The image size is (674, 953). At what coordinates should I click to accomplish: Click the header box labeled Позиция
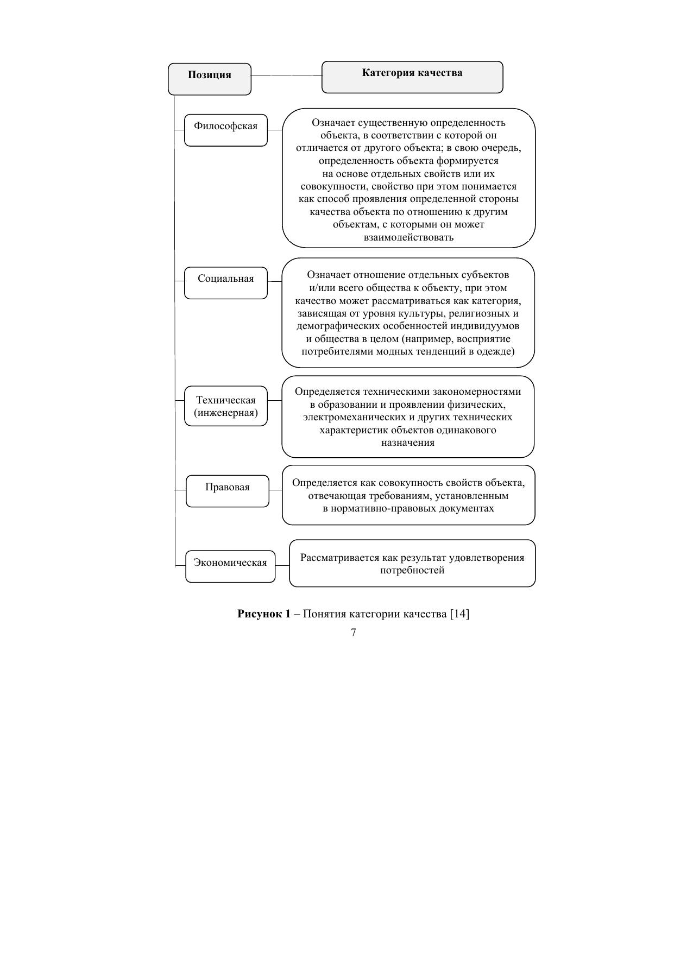(x=210, y=78)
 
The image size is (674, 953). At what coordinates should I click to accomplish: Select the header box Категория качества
(x=412, y=77)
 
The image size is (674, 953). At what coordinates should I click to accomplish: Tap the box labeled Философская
(x=225, y=130)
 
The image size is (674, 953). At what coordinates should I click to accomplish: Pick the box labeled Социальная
(x=225, y=282)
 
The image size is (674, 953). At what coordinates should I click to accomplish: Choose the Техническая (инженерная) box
(x=225, y=406)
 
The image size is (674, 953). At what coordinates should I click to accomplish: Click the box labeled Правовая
(x=227, y=491)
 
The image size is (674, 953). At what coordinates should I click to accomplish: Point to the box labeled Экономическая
(x=230, y=566)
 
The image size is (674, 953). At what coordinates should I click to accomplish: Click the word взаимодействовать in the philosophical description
(x=408, y=237)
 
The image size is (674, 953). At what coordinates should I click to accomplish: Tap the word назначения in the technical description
(x=408, y=443)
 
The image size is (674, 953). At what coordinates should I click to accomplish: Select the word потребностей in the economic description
(x=412, y=571)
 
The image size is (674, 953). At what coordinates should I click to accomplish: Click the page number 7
(x=354, y=632)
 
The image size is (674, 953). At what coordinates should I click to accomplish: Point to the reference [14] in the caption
(x=459, y=614)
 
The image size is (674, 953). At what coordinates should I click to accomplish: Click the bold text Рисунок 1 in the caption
(x=264, y=614)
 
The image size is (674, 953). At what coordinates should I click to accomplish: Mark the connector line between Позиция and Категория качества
(x=286, y=75)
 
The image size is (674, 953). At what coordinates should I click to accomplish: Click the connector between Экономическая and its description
(x=282, y=565)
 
